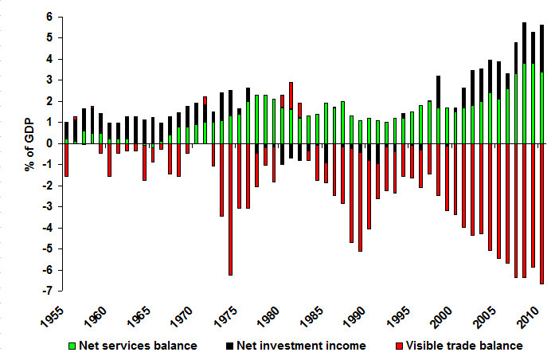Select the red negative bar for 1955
(66, 160)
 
